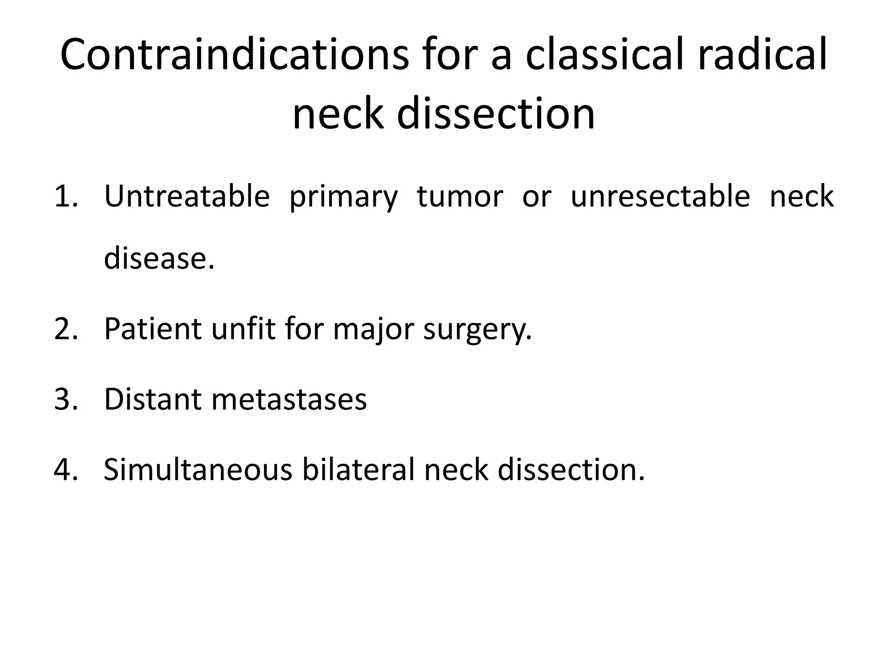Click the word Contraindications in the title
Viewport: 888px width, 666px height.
coord(234,55)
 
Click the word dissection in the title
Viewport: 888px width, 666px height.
coord(496,114)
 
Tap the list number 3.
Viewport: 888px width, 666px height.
coord(66,399)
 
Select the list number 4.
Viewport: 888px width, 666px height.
coord(66,470)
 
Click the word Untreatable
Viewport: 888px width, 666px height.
coord(187,196)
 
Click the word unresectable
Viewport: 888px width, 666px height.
coord(660,196)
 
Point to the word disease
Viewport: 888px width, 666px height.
coord(159,258)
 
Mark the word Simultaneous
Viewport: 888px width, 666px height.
coord(198,470)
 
